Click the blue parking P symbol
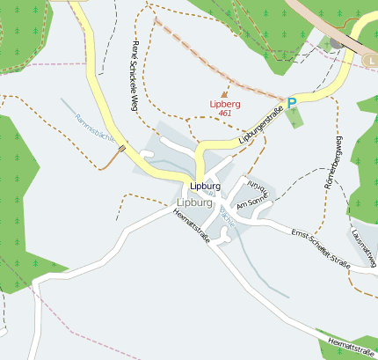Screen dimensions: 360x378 pos(293,103)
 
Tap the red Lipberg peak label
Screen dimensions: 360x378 pos(225,104)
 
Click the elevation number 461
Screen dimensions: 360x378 pos(225,114)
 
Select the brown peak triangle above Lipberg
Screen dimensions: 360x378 pos(224,93)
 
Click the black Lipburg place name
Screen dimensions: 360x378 pos(205,187)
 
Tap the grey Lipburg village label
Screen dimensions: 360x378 pos(194,202)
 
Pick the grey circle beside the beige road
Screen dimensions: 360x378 pos(336,41)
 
